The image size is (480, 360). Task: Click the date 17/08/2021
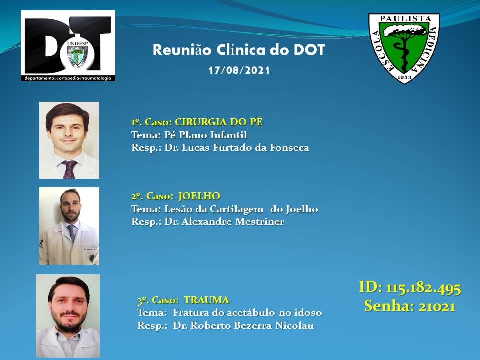239,70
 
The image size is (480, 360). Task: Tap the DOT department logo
68,46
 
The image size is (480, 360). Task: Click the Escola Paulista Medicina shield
404,48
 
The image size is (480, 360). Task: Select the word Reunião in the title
182,50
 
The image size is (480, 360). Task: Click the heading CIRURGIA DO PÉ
219,122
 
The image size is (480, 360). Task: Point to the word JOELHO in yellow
199,196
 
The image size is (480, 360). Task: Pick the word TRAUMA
207,300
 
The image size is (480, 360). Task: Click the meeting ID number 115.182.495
423,288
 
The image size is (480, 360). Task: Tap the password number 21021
437,306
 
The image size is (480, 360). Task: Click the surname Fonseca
289,148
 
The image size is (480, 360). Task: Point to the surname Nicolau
295,325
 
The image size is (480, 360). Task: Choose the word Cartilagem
236,209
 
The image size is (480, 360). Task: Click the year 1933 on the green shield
404,77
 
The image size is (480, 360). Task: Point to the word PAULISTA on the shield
405,19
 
